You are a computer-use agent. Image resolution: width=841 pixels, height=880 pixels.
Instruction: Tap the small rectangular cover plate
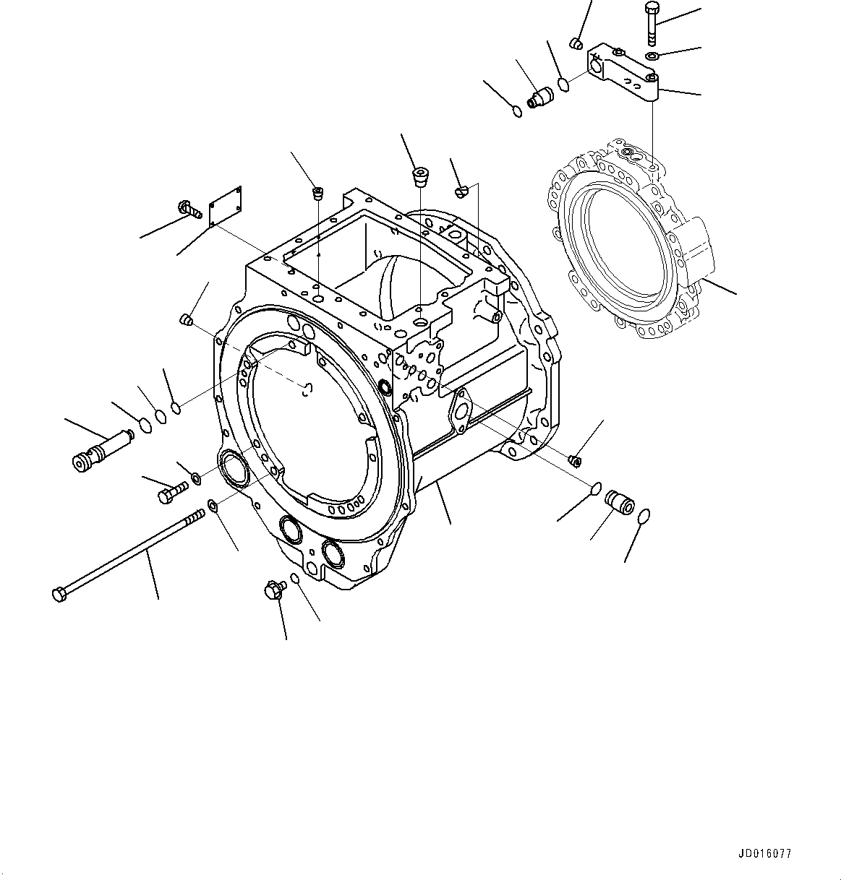coord(226,203)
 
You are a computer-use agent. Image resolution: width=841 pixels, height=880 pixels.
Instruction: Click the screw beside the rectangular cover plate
coord(189,210)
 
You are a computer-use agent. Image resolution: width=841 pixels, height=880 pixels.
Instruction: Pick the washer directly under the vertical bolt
coord(652,56)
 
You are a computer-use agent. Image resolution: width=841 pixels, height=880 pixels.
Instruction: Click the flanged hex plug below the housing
coord(275,591)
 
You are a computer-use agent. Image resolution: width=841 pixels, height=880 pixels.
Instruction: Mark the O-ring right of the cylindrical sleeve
coord(644,516)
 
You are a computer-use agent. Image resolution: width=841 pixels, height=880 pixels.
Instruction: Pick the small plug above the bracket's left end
coord(576,43)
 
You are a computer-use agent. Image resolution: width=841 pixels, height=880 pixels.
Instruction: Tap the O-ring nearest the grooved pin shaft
coord(145,425)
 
